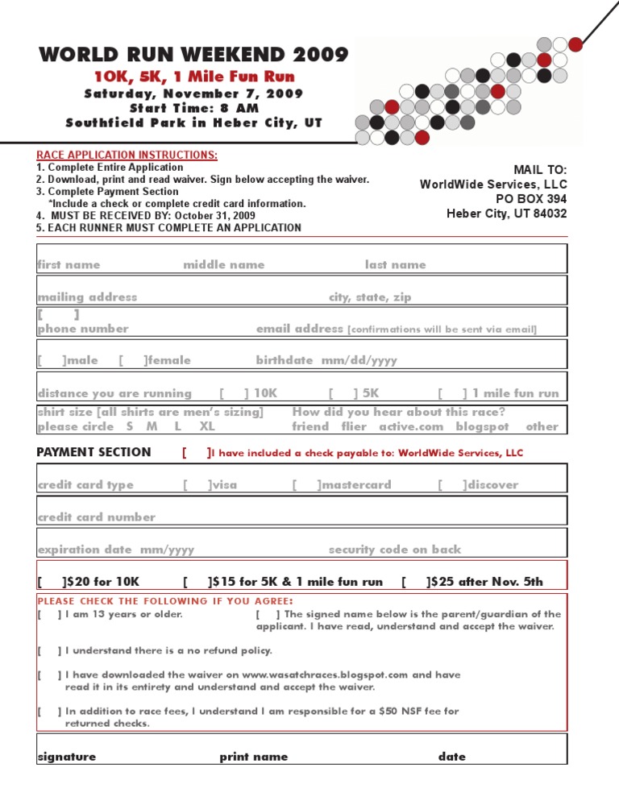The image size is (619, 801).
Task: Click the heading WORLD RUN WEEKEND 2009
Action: (x=194, y=56)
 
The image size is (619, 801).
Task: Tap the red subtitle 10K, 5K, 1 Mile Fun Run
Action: (x=194, y=77)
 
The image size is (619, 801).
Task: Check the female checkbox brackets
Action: (x=132, y=360)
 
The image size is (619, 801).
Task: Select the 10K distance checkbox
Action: (x=234, y=393)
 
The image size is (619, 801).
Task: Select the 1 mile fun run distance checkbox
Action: (x=452, y=393)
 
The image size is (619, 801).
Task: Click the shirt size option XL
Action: (x=207, y=426)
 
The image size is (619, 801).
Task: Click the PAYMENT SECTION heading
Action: (x=93, y=452)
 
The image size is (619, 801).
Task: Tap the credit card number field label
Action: (x=97, y=517)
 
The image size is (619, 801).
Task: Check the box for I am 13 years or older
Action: (x=49, y=614)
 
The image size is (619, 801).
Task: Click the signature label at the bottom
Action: (x=67, y=757)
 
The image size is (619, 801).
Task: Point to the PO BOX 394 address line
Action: (x=531, y=199)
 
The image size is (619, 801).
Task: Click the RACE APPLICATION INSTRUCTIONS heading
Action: (x=127, y=155)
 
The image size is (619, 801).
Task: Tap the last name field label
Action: (x=395, y=264)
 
